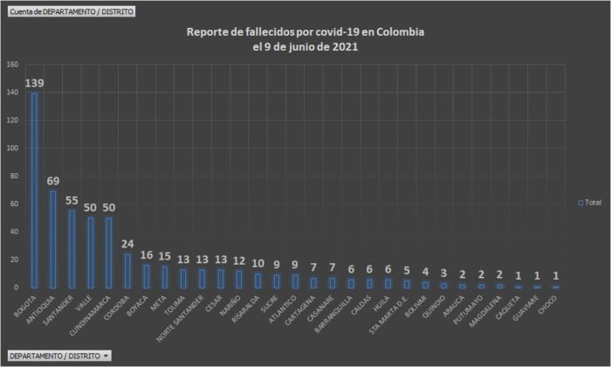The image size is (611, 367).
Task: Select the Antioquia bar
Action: (52, 239)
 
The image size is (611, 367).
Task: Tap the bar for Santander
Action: (72, 249)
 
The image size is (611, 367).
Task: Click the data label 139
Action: (35, 83)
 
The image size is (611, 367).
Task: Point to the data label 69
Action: (53, 181)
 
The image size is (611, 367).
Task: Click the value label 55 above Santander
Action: (72, 200)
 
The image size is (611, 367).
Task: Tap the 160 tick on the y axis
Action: (12, 65)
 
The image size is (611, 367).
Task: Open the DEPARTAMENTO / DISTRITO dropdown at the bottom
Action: (58, 356)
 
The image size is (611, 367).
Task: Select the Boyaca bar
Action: (146, 276)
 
